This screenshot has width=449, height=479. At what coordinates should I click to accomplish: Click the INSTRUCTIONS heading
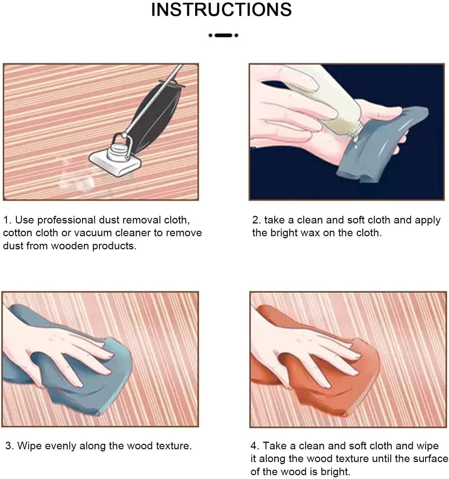tap(221, 10)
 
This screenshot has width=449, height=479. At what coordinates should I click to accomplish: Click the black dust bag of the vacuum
tap(157, 115)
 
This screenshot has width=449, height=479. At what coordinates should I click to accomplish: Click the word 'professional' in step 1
tap(67, 220)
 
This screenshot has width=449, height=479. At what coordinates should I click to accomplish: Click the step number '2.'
tap(257, 220)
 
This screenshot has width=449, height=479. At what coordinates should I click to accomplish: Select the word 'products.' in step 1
tap(114, 246)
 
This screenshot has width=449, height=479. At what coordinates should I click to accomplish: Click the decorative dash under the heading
tap(223, 35)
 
